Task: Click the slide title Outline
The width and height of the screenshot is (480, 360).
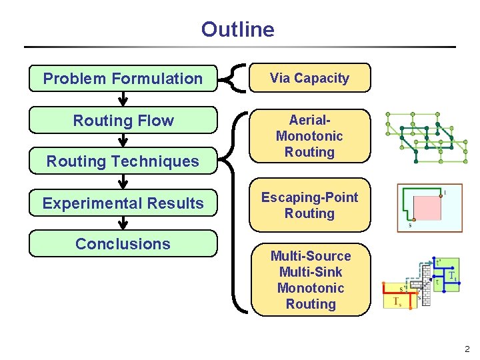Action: coord(237,29)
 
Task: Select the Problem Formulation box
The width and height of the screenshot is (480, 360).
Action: coord(123,79)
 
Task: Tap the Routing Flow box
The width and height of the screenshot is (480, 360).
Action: coord(123,121)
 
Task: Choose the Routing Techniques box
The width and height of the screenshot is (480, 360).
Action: coord(123,161)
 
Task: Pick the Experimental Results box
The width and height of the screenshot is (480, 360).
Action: coord(123,203)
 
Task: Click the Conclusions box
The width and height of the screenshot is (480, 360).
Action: coord(123,244)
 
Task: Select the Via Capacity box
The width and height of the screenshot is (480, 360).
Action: coord(309,78)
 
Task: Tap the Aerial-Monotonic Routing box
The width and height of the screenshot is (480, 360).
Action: coord(309,136)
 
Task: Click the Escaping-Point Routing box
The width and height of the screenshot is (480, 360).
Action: coord(309,205)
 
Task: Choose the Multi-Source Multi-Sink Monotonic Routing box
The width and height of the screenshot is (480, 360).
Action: coord(311,280)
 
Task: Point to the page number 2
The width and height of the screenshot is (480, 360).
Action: coord(467,349)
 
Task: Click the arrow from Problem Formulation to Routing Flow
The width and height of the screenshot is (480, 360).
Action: coord(123,99)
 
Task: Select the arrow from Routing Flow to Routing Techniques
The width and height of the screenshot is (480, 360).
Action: coord(123,140)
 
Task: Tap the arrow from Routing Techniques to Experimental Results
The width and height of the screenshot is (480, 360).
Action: coord(123,181)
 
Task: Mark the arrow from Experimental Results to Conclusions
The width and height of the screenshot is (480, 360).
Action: coord(123,223)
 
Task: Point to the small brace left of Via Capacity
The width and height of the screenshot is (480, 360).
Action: coord(233,77)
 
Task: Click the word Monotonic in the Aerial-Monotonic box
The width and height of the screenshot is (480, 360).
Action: coord(309,136)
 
